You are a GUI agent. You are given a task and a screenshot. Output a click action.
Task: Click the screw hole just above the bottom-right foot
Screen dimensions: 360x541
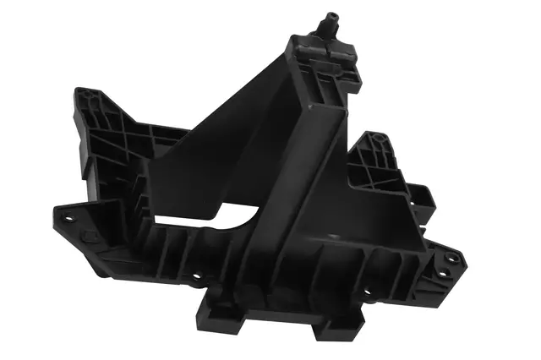click(x=366, y=293)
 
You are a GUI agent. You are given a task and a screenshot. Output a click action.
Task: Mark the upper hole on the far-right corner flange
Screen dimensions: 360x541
click(x=449, y=259)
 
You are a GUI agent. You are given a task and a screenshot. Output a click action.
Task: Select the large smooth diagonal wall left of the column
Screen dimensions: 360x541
click(x=211, y=152)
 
